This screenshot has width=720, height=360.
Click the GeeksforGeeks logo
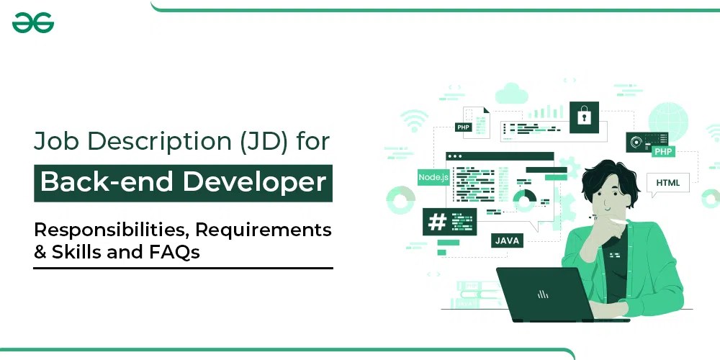tap(33, 24)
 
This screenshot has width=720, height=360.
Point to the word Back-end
tap(108, 182)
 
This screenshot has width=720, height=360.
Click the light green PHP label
tap(663, 152)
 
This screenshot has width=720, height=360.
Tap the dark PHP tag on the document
tap(463, 127)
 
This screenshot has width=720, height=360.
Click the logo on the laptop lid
tap(543, 294)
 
